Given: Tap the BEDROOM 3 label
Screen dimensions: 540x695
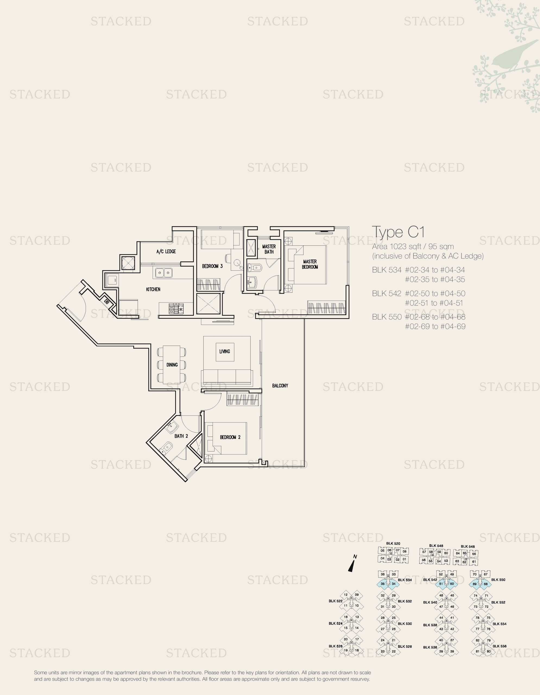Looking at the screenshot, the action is [212, 266].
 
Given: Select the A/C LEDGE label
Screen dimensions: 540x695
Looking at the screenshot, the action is [166, 251].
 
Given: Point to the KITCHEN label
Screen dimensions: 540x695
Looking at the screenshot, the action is [153, 289].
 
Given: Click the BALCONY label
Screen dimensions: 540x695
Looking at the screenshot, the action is [280, 386].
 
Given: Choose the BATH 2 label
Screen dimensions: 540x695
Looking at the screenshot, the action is [181, 436].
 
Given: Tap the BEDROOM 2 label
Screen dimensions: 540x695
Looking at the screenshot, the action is [230, 437].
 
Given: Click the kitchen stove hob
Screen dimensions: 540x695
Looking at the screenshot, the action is [176, 309].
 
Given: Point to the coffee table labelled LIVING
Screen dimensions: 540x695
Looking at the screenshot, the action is [225, 352].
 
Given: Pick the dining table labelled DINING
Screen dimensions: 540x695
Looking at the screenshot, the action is [172, 365].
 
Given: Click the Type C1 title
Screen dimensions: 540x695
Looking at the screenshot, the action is [398, 232].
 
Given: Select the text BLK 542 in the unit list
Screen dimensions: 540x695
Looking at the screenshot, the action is [387, 293].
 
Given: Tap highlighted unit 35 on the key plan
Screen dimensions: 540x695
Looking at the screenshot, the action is [383, 584].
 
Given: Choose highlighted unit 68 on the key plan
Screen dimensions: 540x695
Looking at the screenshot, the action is [486, 584].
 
